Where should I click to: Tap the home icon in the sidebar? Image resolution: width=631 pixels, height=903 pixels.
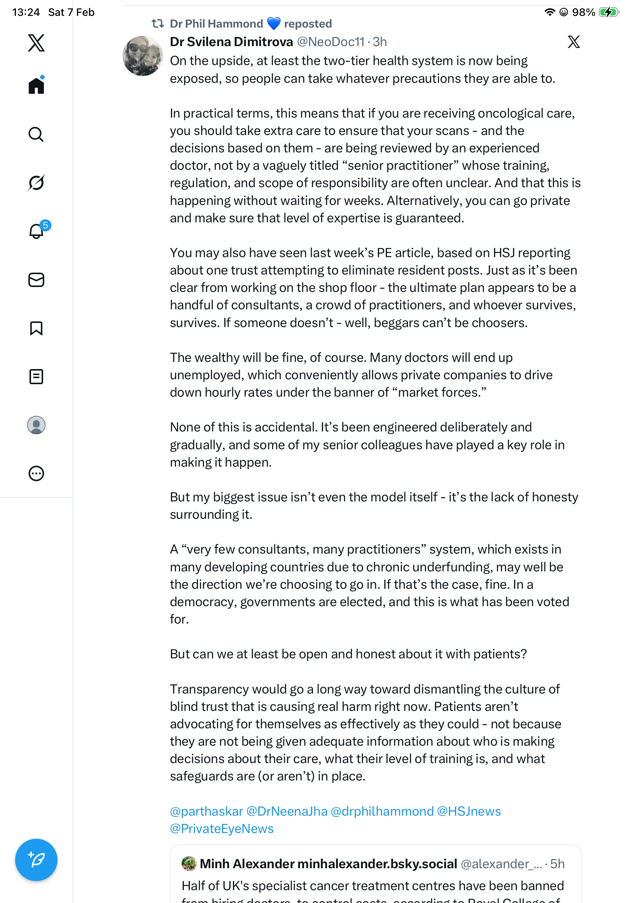pos(36,85)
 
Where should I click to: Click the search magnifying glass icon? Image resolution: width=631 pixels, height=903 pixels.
pos(36,135)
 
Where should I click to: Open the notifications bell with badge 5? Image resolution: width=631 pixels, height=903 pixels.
pos(37,231)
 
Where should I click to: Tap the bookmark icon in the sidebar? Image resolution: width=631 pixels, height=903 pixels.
pos(36,328)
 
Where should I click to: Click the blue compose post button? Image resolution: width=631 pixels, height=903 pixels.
pos(36,860)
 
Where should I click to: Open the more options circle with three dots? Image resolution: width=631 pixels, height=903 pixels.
pos(36,473)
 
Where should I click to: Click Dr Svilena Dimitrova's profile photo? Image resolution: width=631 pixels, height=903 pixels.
pos(142,56)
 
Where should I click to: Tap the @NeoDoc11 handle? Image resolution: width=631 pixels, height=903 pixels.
pos(331,42)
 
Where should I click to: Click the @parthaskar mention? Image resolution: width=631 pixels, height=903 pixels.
pos(206,811)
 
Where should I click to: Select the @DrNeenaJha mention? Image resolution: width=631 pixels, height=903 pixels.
pos(287,811)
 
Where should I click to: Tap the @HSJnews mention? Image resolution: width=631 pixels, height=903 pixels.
pos(469,811)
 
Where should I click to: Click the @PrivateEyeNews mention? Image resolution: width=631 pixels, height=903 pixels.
pos(221,829)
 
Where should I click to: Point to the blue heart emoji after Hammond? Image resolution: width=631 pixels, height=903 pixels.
pos(274,23)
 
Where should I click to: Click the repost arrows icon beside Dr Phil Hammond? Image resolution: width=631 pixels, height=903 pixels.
pos(158,23)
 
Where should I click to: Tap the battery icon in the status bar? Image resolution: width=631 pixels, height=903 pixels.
pos(608,12)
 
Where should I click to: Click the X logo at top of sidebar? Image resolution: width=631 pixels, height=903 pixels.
pos(36,42)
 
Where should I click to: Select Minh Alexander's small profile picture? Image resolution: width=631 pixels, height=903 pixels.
pos(189,864)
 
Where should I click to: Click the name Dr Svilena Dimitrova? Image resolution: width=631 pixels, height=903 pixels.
pos(231,42)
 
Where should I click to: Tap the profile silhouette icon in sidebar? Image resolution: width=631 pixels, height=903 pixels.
pos(36,425)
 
